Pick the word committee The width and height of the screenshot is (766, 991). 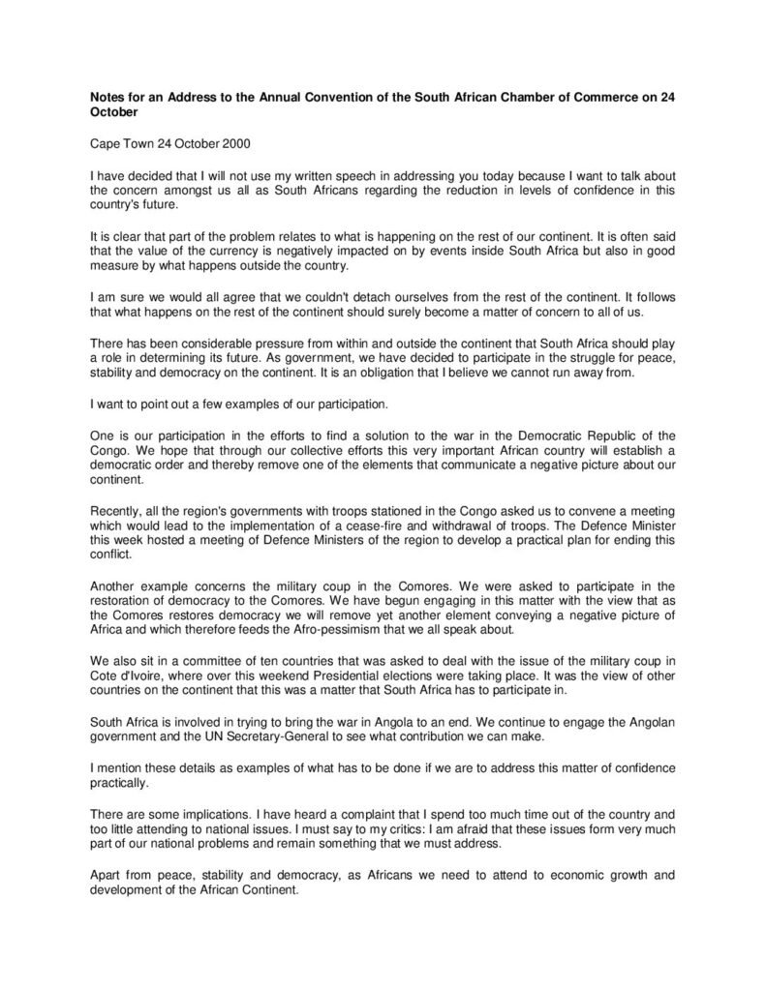point(222,661)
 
